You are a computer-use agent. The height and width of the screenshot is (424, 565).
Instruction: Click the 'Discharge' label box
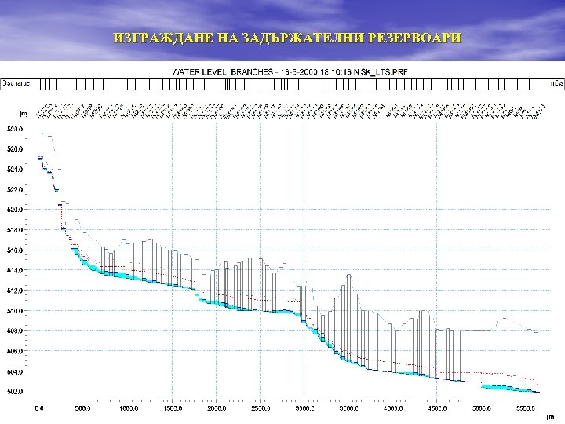(16, 82)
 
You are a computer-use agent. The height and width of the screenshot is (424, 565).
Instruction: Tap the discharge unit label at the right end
(556, 82)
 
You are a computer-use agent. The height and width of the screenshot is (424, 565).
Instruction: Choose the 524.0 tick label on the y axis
(15, 169)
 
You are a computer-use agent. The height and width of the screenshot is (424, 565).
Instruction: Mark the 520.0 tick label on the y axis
(15, 210)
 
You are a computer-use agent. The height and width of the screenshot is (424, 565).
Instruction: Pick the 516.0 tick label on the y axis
(15, 250)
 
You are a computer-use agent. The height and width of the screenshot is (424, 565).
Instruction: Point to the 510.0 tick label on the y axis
(15, 311)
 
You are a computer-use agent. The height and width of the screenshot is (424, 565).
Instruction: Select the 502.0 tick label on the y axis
(15, 392)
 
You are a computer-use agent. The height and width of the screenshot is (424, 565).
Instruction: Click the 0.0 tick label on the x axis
(39, 408)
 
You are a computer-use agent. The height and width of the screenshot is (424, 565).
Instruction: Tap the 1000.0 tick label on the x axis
(128, 408)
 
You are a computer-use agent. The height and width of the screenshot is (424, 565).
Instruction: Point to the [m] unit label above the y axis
(24, 113)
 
